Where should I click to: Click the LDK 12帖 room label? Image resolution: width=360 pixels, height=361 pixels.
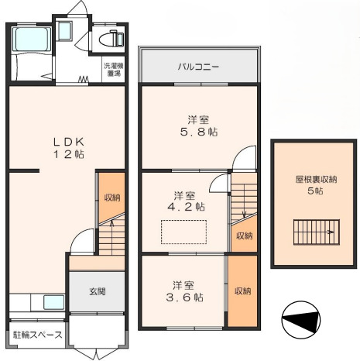(68, 147)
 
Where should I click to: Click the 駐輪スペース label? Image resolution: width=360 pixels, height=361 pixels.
(37, 335)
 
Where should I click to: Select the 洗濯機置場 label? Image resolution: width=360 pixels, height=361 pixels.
(113, 70)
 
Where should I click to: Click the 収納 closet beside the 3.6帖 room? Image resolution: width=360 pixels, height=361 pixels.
(242, 291)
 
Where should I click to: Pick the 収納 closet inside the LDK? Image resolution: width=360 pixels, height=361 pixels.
(112, 198)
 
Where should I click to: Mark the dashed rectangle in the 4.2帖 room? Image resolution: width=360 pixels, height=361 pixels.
(183, 232)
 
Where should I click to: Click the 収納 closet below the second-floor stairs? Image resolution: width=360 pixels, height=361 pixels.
(243, 235)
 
